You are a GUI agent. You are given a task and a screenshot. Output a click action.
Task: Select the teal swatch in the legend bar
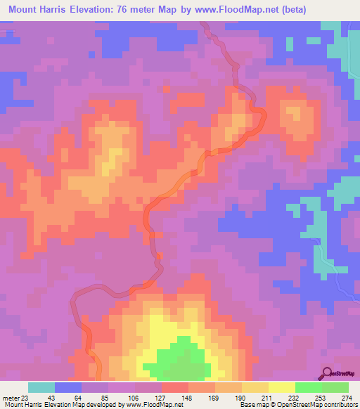point(41,387)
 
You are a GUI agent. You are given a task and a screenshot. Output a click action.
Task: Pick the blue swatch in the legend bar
point(68,387)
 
